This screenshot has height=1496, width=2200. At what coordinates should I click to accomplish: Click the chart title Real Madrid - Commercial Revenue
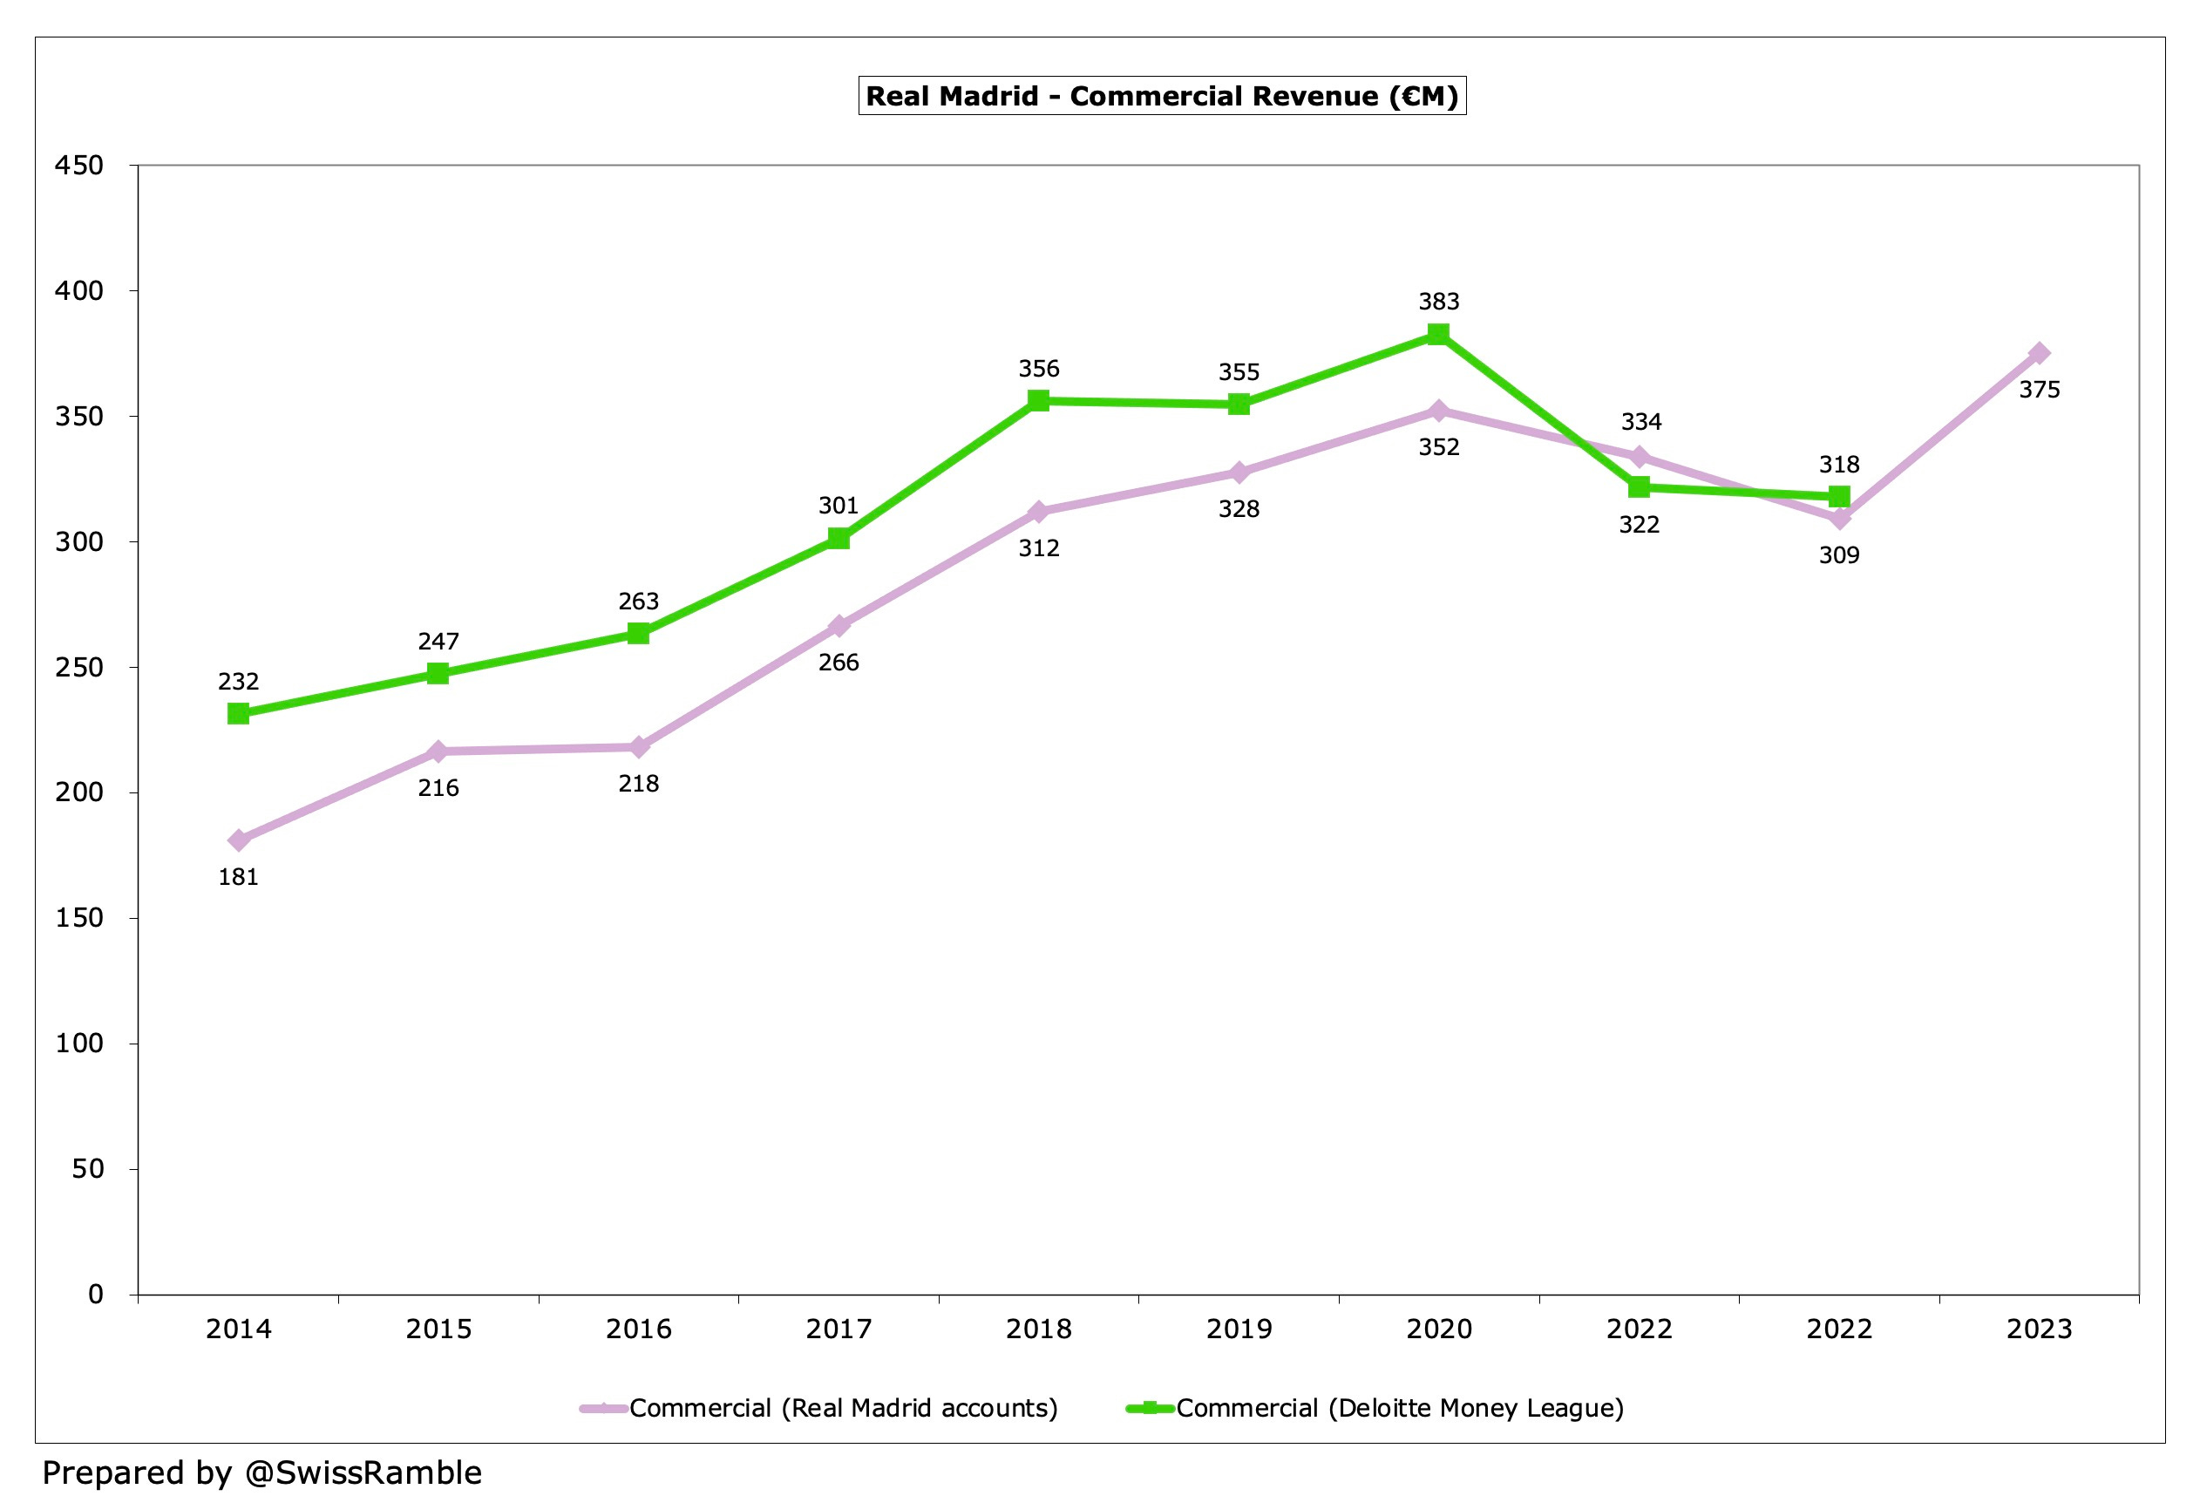coord(1162,96)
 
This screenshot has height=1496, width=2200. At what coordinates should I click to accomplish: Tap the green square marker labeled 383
coord(1438,334)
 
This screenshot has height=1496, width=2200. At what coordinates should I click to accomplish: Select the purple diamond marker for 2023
coord(2039,353)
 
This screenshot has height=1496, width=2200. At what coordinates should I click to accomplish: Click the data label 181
coord(239,877)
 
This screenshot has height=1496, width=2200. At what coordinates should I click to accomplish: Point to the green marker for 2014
coord(239,713)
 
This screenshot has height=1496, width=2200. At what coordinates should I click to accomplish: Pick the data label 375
coord(2039,389)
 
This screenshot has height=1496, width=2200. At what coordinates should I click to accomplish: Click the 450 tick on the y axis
coord(78,166)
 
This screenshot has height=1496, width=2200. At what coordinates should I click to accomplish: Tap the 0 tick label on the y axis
coord(96,1294)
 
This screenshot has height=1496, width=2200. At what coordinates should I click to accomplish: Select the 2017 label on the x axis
coord(839,1329)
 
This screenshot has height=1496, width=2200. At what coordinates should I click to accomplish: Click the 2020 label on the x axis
coord(1439,1329)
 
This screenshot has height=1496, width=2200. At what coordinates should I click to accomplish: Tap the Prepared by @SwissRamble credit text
coord(262,1472)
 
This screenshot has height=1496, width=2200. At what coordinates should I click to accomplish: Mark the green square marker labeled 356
coord(1038,400)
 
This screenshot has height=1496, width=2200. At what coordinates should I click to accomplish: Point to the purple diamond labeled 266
coord(839,626)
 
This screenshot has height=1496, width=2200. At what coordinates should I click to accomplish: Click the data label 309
coord(1838,554)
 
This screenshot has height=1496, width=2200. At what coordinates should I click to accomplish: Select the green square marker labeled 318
coord(1838,496)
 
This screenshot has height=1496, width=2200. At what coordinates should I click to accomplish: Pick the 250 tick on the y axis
coord(78,668)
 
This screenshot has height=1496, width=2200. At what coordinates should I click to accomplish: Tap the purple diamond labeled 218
coord(639,747)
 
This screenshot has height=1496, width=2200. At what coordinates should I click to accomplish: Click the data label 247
coord(438,641)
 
